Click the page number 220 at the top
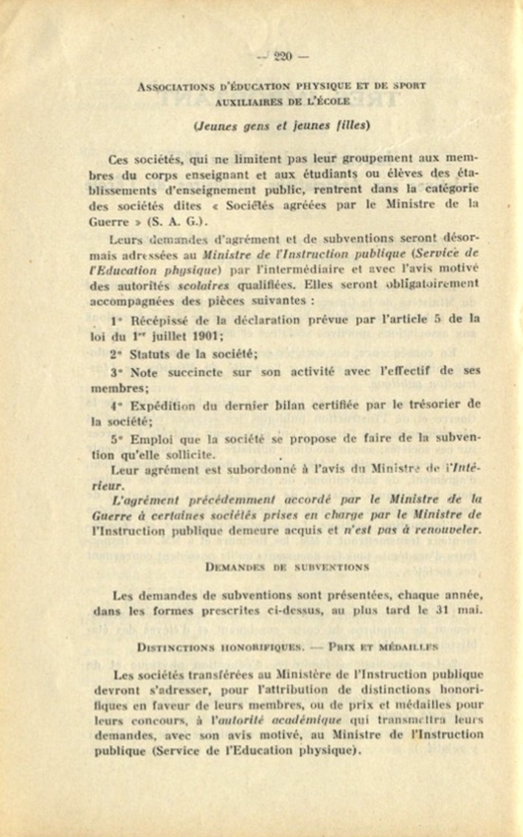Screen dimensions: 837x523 pyautogui.click(x=282, y=56)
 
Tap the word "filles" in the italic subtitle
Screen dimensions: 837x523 pyautogui.click(x=346, y=125)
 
